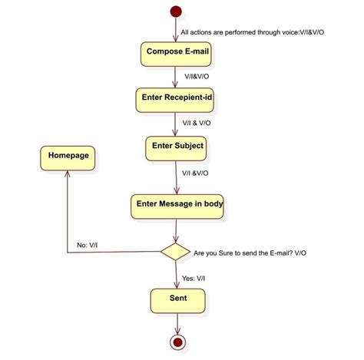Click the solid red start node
click(177, 12)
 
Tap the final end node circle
click(178, 342)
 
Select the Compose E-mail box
click(177, 53)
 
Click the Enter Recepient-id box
click(177, 98)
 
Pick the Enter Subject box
click(177, 146)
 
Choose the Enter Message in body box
click(179, 205)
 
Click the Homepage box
click(68, 157)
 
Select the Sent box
click(178, 299)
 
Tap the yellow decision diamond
click(175, 251)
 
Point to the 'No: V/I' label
click(91, 246)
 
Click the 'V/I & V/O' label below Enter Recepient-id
click(198, 123)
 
